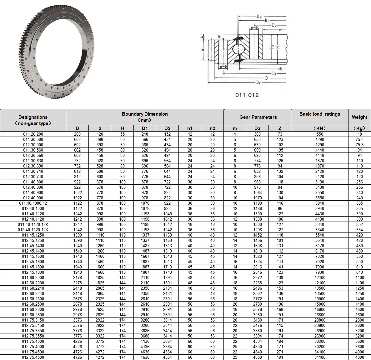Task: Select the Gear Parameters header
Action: pos(258,117)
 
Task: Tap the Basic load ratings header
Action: pos(319,114)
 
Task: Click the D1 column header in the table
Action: pos(145,128)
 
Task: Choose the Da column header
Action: pos(257,128)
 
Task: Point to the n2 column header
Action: pos(212,128)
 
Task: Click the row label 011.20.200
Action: pos(33,134)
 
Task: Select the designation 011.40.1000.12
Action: pos(33,203)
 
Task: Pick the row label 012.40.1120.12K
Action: pos(33,230)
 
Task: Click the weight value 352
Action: pos(359,224)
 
